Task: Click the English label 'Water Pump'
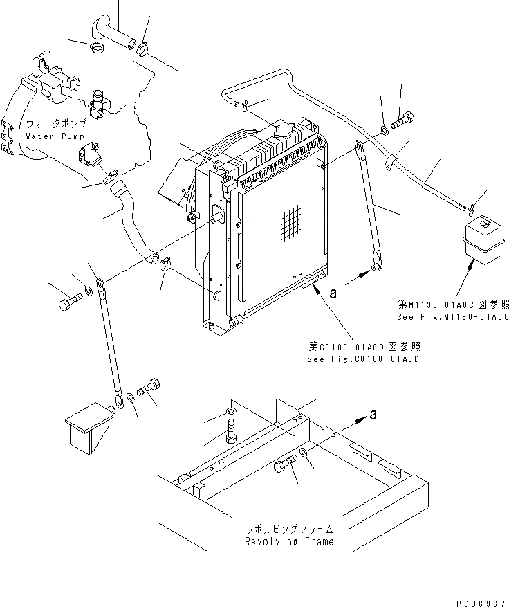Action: [55, 136]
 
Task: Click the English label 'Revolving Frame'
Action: [288, 541]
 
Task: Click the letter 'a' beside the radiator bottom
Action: [332, 294]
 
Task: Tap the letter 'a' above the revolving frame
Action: [374, 415]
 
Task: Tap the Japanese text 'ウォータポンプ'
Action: [56, 124]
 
